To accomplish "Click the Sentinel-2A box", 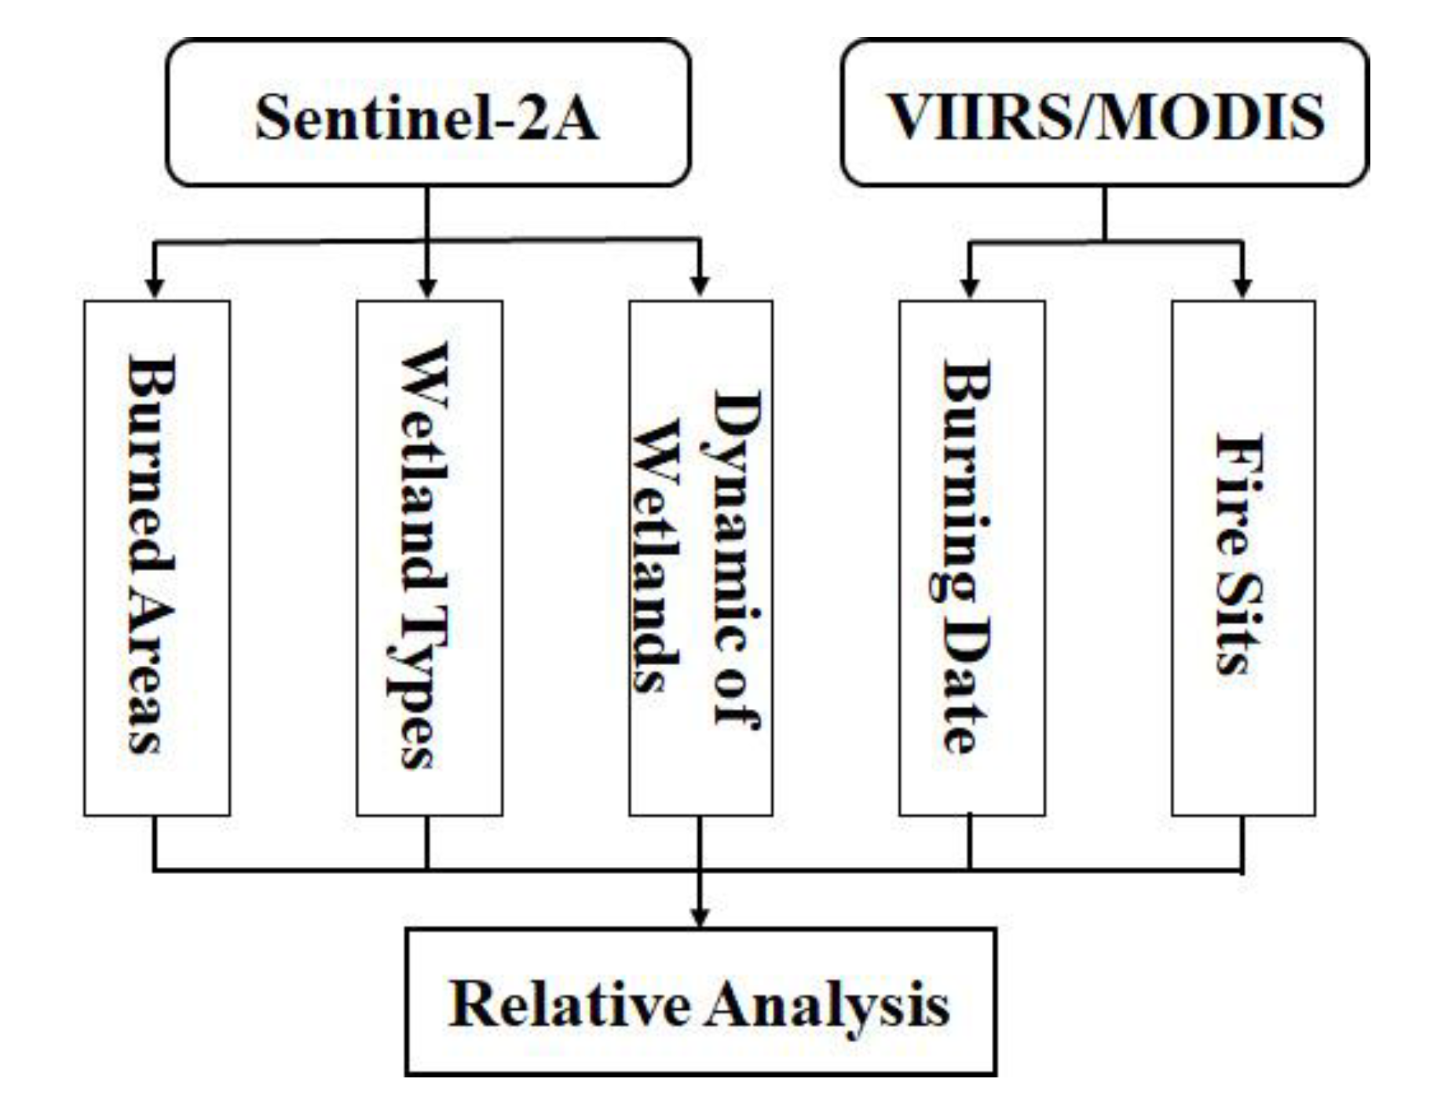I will [x=428, y=114].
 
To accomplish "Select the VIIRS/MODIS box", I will [x=1104, y=114].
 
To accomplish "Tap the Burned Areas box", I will [x=157, y=558].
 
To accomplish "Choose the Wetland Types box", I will [x=429, y=558].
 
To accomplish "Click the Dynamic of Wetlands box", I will [x=700, y=558].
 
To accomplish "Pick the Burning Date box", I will [x=971, y=558].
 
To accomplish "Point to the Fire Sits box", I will [x=1242, y=558].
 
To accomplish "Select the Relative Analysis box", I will [x=700, y=1001].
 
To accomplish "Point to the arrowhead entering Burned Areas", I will [x=155, y=287].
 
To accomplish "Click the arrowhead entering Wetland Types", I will [x=427, y=287].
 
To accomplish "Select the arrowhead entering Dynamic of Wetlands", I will [x=700, y=287].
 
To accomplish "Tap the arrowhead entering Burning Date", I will [x=970, y=287].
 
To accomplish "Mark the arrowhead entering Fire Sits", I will [x=1242, y=287].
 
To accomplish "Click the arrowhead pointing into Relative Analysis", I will [x=700, y=916].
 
